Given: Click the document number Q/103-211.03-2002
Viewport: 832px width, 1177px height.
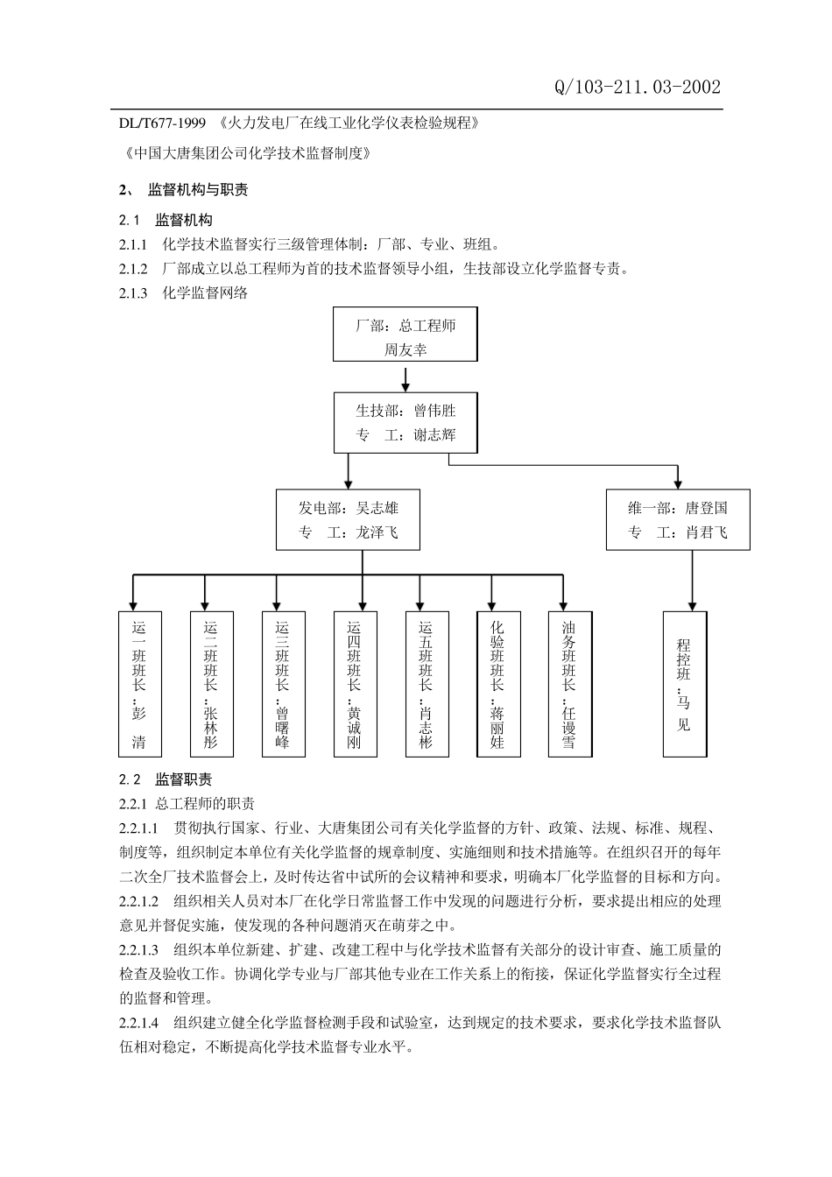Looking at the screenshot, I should (x=638, y=87).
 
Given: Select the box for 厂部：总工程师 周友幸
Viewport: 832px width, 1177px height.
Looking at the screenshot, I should (x=405, y=335).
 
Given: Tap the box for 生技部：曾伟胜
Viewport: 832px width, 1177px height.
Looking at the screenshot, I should (x=405, y=422).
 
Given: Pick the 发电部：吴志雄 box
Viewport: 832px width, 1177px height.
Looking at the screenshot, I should (x=349, y=519).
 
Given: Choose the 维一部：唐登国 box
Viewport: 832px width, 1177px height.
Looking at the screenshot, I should (x=678, y=519).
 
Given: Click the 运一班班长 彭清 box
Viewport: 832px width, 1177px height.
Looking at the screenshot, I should (x=139, y=684).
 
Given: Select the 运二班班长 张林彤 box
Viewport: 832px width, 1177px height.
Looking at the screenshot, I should (x=211, y=684).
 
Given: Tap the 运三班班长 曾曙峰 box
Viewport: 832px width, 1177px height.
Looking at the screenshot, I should (x=283, y=684).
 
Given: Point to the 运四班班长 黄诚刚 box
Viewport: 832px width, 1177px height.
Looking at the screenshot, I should (x=355, y=684).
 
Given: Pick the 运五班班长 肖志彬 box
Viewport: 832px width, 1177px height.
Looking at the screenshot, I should (x=427, y=684).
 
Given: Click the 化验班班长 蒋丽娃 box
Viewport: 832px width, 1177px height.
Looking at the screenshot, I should (x=498, y=684).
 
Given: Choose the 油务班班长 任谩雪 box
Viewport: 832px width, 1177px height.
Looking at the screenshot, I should (x=570, y=684).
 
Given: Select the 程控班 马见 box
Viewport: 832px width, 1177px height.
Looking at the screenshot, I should (x=684, y=684).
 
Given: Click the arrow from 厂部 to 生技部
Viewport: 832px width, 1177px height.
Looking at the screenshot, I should (x=405, y=377).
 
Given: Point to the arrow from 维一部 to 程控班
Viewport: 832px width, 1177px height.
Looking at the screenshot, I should (x=693, y=581).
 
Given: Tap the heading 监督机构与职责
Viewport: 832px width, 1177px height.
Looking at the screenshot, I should (x=197, y=189).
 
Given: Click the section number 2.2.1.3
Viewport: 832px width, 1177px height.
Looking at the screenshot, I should (x=138, y=949).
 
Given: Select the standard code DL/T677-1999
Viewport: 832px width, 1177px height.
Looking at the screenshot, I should (x=162, y=123).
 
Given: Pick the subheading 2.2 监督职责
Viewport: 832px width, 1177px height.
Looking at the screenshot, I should (x=166, y=779).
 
